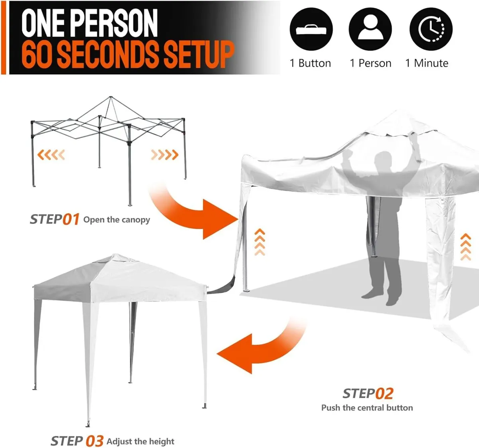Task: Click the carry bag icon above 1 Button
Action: [x=311, y=29]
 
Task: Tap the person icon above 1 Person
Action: [x=370, y=29]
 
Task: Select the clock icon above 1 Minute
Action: [x=431, y=29]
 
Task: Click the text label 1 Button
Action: [x=310, y=63]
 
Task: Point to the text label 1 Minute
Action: [x=427, y=63]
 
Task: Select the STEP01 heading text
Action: [x=55, y=219]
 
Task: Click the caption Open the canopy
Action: [x=117, y=220]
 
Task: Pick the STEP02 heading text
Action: [x=368, y=393]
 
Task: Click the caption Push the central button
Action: [x=367, y=408]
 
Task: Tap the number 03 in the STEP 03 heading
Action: [x=95, y=441]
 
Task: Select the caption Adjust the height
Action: [x=141, y=442]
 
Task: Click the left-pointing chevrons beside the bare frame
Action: [x=51, y=154]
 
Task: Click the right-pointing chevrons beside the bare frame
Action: [x=164, y=154]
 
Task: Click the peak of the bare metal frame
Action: [x=111, y=97]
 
